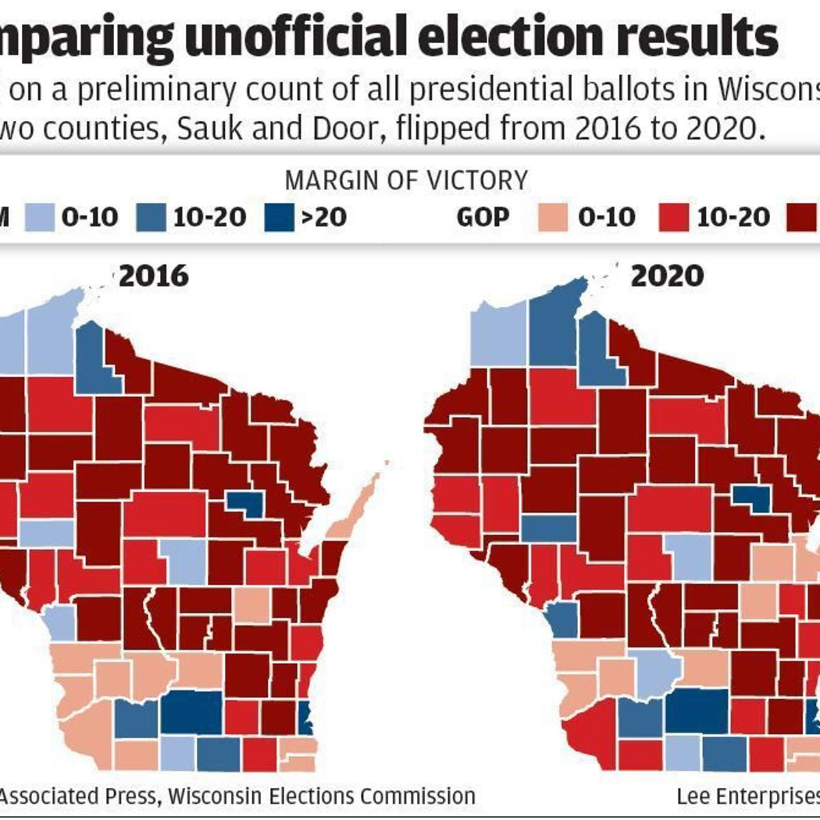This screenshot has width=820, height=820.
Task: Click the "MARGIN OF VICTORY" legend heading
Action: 407,180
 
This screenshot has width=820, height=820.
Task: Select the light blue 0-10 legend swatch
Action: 39,218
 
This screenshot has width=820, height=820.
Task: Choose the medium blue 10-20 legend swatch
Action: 150,218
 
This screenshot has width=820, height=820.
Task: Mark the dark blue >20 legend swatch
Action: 278,218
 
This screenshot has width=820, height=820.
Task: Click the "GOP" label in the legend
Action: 482,218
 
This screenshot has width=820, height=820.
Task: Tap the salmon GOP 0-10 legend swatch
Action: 553,218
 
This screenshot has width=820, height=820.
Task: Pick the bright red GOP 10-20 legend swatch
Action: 673,218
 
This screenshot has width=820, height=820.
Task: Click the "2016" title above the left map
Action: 154,275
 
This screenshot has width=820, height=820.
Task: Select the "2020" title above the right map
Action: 667,275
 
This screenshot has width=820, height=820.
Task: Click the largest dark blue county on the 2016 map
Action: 191,711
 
